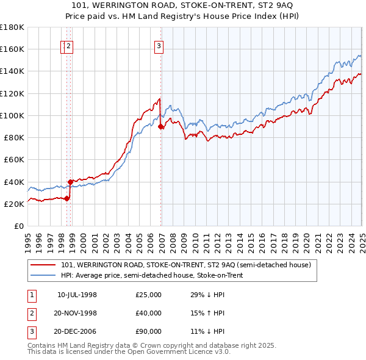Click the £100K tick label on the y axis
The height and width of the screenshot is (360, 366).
(12, 115)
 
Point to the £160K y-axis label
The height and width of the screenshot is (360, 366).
(12, 49)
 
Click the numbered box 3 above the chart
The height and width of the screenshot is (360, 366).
(159, 45)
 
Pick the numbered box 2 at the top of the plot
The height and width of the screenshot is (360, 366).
(68, 45)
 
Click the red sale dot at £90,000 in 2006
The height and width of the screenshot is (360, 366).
(161, 127)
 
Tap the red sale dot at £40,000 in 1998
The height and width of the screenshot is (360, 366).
(71, 182)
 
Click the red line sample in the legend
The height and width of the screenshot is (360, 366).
(43, 265)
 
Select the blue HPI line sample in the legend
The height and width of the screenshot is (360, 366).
(43, 275)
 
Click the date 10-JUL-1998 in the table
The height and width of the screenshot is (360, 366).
(77, 295)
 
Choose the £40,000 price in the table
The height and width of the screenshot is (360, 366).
(149, 313)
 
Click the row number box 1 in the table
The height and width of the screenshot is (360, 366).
(32, 295)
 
